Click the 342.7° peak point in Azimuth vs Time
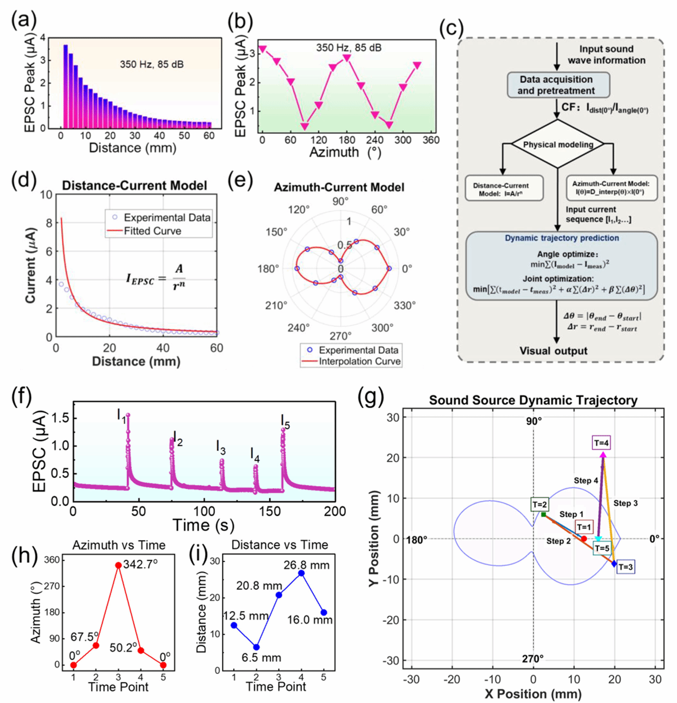pyautogui.click(x=118, y=565)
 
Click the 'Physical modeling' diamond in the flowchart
pyautogui.click(x=557, y=145)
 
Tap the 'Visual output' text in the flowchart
pyautogui.click(x=553, y=350)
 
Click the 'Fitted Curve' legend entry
pyautogui.click(x=152, y=231)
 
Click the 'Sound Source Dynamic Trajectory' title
pyautogui.click(x=533, y=400)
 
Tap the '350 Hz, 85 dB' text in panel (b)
pyautogui.click(x=349, y=47)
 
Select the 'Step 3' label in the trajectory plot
pyautogui.click(x=626, y=504)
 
